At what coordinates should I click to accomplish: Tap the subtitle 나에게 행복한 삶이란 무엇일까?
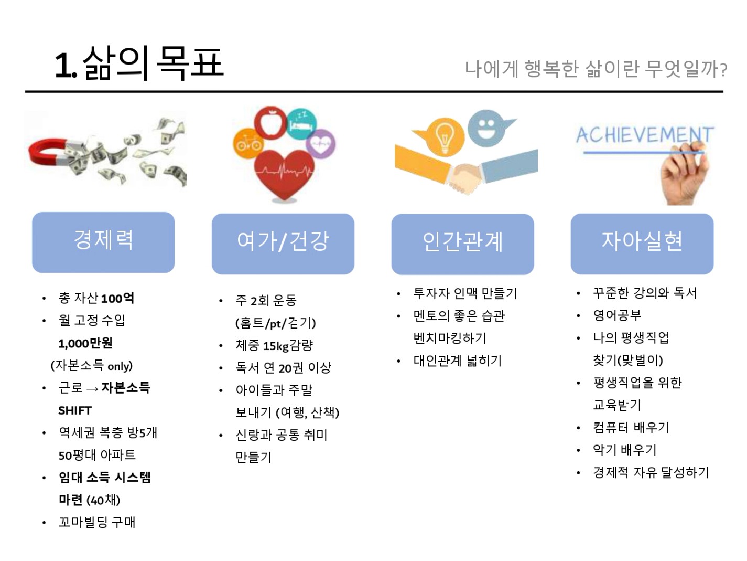[596, 69]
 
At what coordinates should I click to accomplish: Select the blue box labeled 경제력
[103, 242]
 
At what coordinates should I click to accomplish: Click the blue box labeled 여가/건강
[283, 244]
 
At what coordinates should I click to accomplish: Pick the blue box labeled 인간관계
[462, 244]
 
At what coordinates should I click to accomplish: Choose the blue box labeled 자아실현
[642, 244]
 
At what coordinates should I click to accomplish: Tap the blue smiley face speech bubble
[490, 128]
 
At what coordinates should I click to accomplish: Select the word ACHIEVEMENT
[645, 135]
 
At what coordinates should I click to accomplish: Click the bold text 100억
[117, 299]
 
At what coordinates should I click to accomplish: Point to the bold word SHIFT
[75, 410]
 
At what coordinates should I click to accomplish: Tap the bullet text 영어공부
[617, 315]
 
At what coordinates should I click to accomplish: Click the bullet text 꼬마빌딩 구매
[97, 522]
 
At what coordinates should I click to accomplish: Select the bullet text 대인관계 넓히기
[458, 361]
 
